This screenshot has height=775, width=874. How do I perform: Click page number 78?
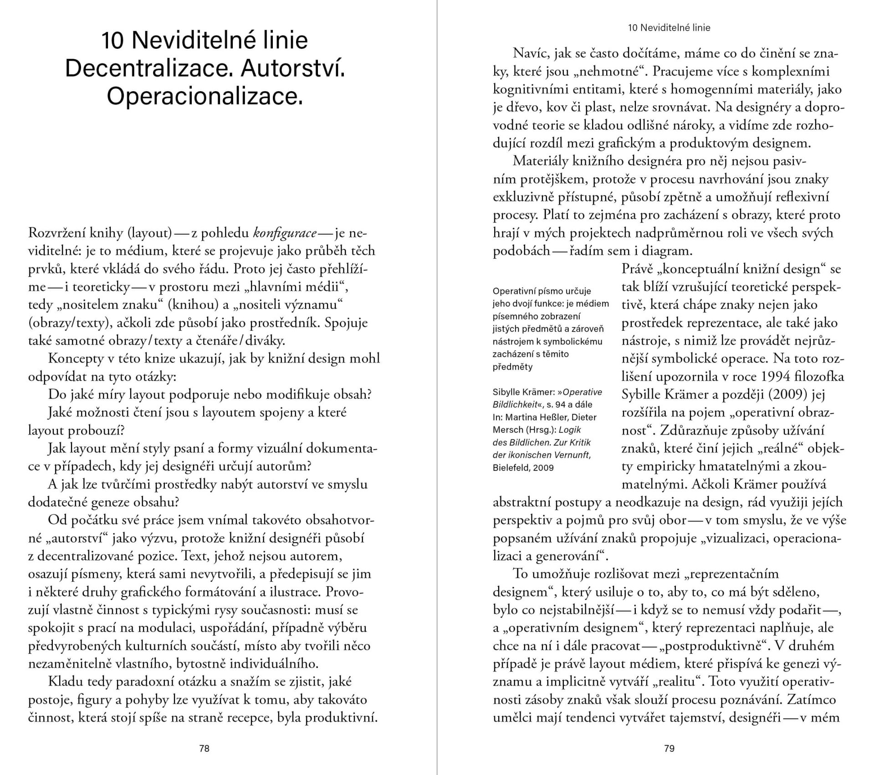(204, 748)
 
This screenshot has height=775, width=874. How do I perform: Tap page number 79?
(669, 748)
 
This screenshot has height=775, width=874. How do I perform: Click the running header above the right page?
(669, 28)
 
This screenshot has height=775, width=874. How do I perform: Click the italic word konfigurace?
(285, 233)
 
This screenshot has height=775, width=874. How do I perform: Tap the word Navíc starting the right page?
(531, 53)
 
